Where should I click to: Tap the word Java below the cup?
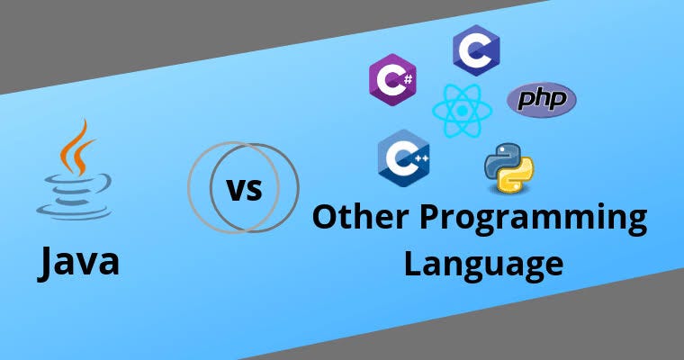[x=78, y=263]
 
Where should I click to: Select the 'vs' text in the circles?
[x=244, y=189]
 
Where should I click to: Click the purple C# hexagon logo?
[x=392, y=79]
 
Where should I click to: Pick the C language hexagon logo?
[x=476, y=50]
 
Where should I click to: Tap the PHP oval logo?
[x=542, y=100]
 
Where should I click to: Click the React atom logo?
[x=463, y=111]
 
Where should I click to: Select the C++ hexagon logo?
[x=403, y=158]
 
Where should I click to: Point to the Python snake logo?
[x=508, y=167]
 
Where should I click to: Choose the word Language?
[x=483, y=265]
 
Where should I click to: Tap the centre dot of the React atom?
[x=463, y=111]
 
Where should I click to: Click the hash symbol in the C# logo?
[x=408, y=79]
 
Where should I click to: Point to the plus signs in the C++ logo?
[x=421, y=158]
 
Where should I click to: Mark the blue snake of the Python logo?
[x=500, y=160]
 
